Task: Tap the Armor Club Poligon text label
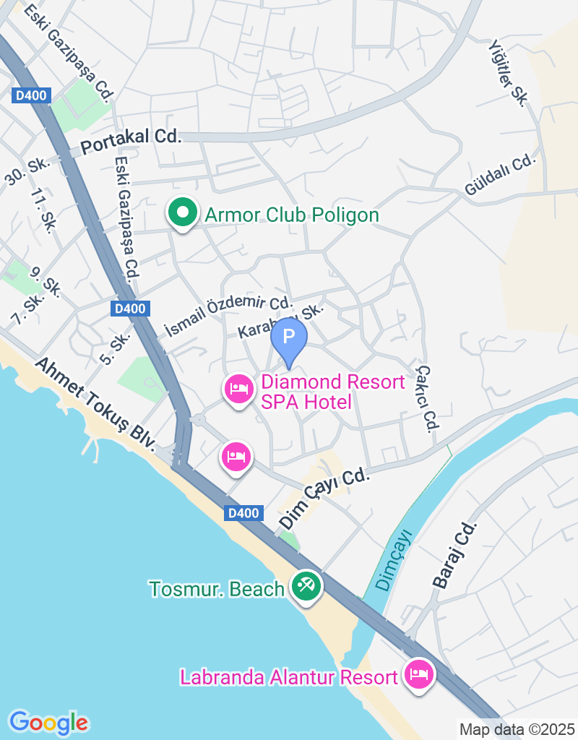[x=292, y=215]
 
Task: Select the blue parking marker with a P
[x=289, y=338]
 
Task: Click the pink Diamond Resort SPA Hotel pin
[x=238, y=390]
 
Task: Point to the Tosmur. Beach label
[x=217, y=589]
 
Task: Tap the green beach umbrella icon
[x=306, y=586]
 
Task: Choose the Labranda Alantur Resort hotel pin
[x=418, y=676]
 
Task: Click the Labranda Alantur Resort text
[x=289, y=678]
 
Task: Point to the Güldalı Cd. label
[x=501, y=174]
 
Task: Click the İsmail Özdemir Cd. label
[x=228, y=316]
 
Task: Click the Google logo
[x=49, y=722]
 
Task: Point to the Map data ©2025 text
[x=517, y=729]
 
